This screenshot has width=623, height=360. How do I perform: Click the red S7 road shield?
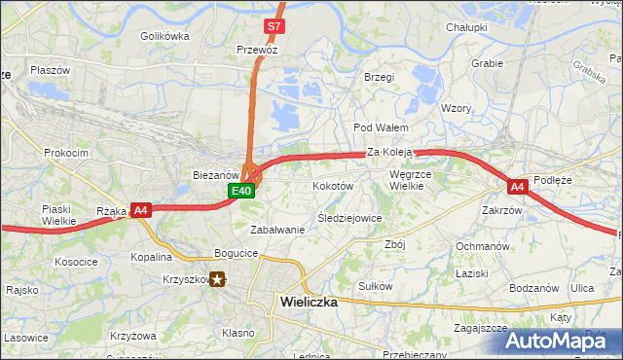pyautogui.click(x=275, y=26)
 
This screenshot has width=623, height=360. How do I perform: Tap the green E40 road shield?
pyautogui.click(x=242, y=191)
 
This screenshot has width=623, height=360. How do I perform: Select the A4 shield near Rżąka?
pyautogui.click(x=141, y=209)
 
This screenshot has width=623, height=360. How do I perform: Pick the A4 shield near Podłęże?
pyautogui.click(x=517, y=186)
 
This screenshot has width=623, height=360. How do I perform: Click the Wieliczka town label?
pyautogui.click(x=309, y=302)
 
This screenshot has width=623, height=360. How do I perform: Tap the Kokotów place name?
pyautogui.click(x=332, y=185)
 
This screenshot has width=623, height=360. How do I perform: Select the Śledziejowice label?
pyautogui.click(x=349, y=218)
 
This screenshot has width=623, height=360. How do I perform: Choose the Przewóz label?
pyautogui.click(x=257, y=48)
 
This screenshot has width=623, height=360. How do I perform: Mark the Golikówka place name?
pyautogui.click(x=165, y=36)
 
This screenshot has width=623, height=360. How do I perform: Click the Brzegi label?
pyautogui.click(x=379, y=76)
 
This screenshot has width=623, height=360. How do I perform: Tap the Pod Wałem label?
pyautogui.click(x=380, y=127)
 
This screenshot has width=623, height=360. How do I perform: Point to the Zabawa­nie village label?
pyautogui.click(x=278, y=230)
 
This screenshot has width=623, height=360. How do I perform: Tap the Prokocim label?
pyautogui.click(x=66, y=153)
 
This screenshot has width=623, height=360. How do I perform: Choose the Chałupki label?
pyautogui.click(x=466, y=27)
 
